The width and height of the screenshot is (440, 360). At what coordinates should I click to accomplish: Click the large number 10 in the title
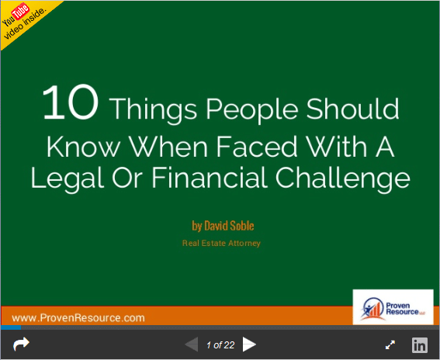[x=71, y=102]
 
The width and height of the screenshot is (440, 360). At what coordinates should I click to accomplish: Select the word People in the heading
[x=252, y=110]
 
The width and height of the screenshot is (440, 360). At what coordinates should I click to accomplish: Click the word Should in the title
[x=352, y=109]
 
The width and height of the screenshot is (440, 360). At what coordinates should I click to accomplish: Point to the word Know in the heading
[x=83, y=147]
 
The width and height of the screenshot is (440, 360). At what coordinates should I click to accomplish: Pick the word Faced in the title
[x=257, y=147]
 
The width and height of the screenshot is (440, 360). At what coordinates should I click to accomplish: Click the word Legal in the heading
[x=68, y=179]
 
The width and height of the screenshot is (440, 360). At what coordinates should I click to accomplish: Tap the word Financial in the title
[x=210, y=178]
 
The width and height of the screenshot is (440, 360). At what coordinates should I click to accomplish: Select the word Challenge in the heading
[x=343, y=179]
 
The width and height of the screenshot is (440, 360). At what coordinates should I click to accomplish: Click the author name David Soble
[x=229, y=226]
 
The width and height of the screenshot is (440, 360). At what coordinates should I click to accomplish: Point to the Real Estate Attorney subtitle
[x=221, y=243]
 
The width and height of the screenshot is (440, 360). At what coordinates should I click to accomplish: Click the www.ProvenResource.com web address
[x=78, y=318]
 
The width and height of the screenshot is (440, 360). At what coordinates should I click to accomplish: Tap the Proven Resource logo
[x=393, y=307]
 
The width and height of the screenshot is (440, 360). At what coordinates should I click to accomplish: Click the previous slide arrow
[x=192, y=344]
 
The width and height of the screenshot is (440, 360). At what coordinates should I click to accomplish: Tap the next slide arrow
[x=249, y=344]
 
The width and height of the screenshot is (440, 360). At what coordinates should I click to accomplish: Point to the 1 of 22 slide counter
[x=220, y=344]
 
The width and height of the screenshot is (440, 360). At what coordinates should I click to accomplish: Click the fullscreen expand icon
[x=390, y=344]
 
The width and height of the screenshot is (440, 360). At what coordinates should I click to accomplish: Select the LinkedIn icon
[x=420, y=345]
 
